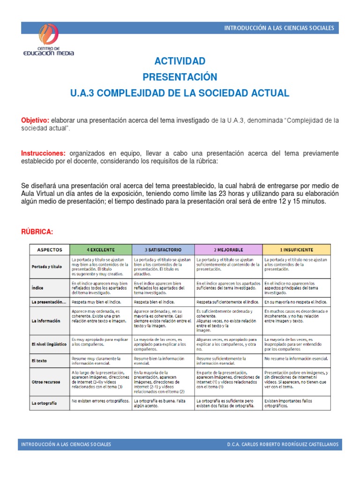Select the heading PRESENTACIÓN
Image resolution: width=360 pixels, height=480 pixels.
coord(180,77)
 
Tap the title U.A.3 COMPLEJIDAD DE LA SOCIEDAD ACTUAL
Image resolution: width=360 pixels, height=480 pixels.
coord(180,93)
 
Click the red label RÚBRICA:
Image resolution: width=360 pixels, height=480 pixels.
coord(37,232)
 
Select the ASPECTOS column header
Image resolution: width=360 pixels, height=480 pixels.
coord(49,250)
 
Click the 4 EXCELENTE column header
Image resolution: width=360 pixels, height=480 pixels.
coord(100,250)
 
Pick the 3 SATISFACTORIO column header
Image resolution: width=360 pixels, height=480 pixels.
coord(163,250)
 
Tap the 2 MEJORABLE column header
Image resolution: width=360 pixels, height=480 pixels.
coord(228,250)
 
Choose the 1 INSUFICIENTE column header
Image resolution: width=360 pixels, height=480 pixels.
coord(296,250)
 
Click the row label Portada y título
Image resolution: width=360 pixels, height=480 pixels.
coord(46,267)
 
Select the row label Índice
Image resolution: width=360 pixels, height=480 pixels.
coord(37,288)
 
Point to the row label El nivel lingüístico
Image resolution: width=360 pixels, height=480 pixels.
coord(48,344)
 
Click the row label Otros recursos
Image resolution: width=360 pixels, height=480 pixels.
coord(45,382)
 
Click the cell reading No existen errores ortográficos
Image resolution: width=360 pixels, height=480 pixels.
coord(99,401)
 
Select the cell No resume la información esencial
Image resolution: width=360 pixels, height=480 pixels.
coord(296,359)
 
